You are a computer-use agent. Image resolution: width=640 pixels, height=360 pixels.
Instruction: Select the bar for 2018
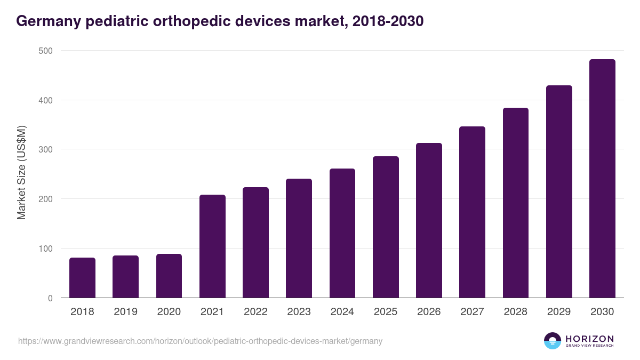[82, 278]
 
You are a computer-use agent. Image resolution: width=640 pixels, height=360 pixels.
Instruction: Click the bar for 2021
[212, 246]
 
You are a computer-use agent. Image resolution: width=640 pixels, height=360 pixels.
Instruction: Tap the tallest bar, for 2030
[602, 179]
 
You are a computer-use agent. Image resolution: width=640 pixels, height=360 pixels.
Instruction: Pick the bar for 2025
[386, 227]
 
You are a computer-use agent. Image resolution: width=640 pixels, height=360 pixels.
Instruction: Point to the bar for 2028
[515, 203]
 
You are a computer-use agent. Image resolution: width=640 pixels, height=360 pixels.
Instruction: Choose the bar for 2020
[169, 276]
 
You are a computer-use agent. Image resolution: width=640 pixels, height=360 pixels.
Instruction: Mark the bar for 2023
[299, 238]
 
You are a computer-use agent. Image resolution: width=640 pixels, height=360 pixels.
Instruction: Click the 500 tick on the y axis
[46, 51]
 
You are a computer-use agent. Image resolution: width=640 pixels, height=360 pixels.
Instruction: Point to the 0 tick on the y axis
[50, 298]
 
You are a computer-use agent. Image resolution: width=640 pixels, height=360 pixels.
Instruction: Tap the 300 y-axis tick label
[46, 149]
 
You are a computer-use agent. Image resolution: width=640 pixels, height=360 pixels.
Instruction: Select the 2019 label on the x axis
[125, 312]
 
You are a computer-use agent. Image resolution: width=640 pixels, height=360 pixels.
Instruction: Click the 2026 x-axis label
[429, 312]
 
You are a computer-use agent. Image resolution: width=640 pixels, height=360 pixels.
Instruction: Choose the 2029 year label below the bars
[559, 312]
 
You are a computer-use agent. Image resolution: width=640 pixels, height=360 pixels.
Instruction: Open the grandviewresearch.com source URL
[200, 341]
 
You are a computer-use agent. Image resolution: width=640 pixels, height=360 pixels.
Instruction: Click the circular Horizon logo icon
[553, 341]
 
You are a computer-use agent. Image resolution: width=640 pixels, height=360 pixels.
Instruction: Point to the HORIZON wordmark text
[589, 339]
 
